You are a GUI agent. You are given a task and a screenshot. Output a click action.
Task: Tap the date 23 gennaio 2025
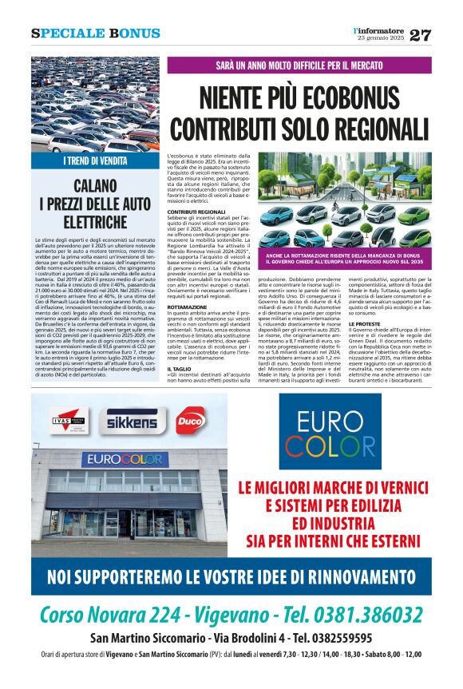pyautogui.click(x=382, y=39)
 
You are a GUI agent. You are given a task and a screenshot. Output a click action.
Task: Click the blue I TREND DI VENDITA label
pyautogui.click(x=94, y=160)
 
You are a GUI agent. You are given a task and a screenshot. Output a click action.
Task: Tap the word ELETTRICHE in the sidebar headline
pyautogui.click(x=95, y=220)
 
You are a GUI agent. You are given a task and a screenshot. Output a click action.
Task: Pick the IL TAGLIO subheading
pyautogui.click(x=178, y=369)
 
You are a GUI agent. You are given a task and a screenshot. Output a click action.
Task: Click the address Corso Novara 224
pyautogui.click(x=109, y=614)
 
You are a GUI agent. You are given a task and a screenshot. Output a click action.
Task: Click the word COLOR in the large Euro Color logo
pyautogui.click(x=334, y=446)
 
